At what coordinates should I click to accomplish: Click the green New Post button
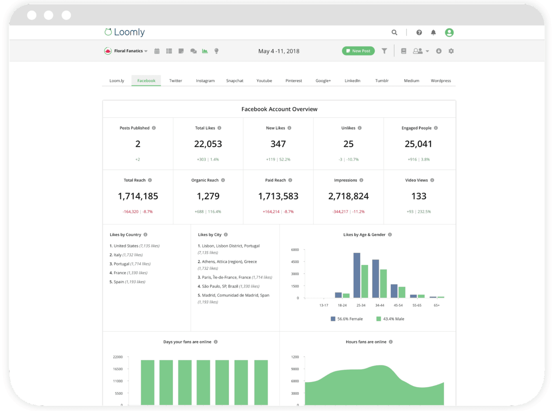tap(358, 51)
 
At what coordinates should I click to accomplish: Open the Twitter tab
tap(175, 81)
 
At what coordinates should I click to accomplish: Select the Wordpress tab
tap(440, 81)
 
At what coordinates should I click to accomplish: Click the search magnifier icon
tap(394, 33)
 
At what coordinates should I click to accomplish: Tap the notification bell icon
tap(433, 33)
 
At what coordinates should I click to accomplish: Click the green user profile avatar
tap(449, 33)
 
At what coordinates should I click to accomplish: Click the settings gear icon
tap(451, 51)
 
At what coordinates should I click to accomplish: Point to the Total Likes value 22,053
tap(208, 144)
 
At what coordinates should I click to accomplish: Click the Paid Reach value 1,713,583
tap(278, 196)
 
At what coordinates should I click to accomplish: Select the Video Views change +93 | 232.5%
tap(419, 212)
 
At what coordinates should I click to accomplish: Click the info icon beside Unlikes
tap(360, 128)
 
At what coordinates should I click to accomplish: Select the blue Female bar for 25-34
tap(357, 275)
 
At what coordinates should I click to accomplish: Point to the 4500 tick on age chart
tap(295, 262)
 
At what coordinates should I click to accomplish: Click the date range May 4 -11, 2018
tap(279, 51)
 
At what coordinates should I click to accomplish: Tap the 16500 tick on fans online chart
tap(118, 369)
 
